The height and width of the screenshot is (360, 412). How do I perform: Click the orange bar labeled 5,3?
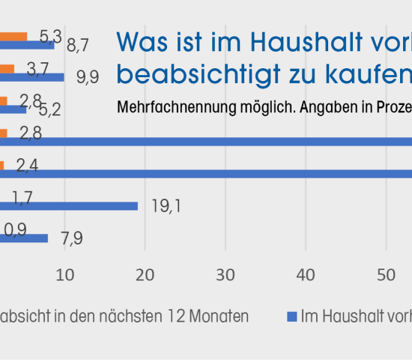[x=13, y=36]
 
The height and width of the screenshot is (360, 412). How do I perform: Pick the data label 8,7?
[x=78, y=46]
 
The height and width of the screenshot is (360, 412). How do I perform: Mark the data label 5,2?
[x=49, y=110]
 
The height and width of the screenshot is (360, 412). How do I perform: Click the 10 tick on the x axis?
[x=65, y=275]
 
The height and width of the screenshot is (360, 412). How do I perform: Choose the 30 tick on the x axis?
[x=225, y=275]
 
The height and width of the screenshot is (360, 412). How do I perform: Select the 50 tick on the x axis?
[x=386, y=275]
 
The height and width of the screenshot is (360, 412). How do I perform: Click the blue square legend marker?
[x=292, y=316]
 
